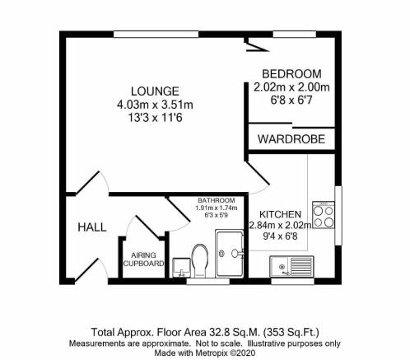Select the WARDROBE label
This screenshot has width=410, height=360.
point(290,138)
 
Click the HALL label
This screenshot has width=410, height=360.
point(91,227)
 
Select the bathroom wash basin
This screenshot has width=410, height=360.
point(181,265)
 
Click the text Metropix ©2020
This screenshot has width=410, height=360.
point(226,353)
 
